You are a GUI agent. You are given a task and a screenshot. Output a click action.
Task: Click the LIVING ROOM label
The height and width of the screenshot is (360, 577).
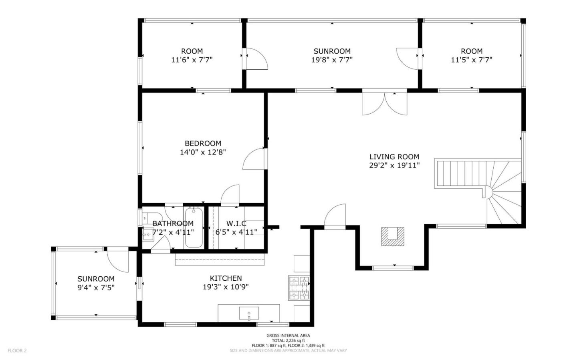394,157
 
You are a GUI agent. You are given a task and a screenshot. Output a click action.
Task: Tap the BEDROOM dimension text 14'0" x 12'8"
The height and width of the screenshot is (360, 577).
203,152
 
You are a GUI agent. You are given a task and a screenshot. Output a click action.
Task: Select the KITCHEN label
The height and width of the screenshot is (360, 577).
226,278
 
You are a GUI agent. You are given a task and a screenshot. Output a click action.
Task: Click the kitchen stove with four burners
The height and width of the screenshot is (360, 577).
299,288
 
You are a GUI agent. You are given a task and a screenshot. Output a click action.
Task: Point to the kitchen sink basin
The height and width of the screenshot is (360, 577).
249,313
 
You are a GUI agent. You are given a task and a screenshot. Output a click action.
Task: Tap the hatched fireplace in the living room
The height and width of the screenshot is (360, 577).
392,236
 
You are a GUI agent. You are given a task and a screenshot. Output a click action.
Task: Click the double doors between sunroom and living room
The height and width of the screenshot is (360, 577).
384,103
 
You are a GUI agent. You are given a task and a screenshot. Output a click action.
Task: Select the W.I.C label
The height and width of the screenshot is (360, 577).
236,223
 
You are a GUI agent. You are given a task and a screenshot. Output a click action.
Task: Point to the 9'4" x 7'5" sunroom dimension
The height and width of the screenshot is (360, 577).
96,287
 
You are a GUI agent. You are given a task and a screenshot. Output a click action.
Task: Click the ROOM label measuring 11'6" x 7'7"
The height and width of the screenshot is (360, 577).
192,51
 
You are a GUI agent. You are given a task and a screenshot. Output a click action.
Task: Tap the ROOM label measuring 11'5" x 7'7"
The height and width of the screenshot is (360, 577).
471,51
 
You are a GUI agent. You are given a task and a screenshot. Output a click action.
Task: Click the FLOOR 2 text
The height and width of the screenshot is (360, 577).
17,351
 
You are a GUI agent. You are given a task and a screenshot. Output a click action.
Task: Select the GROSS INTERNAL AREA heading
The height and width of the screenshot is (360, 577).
288,336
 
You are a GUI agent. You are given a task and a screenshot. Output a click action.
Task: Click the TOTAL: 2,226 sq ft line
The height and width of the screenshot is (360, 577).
288,340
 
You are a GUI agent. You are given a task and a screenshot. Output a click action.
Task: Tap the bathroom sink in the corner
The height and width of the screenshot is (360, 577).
147,233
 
